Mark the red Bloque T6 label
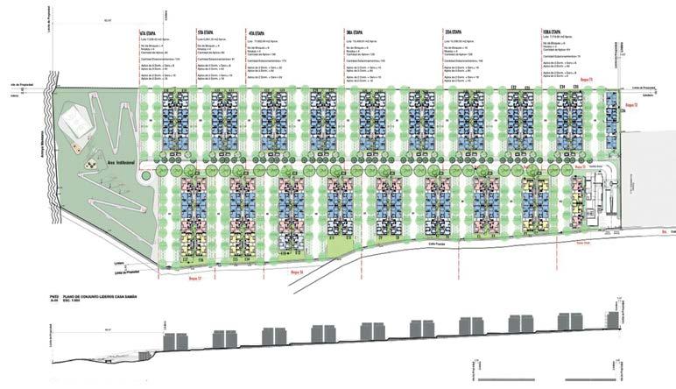(x=295, y=272)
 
